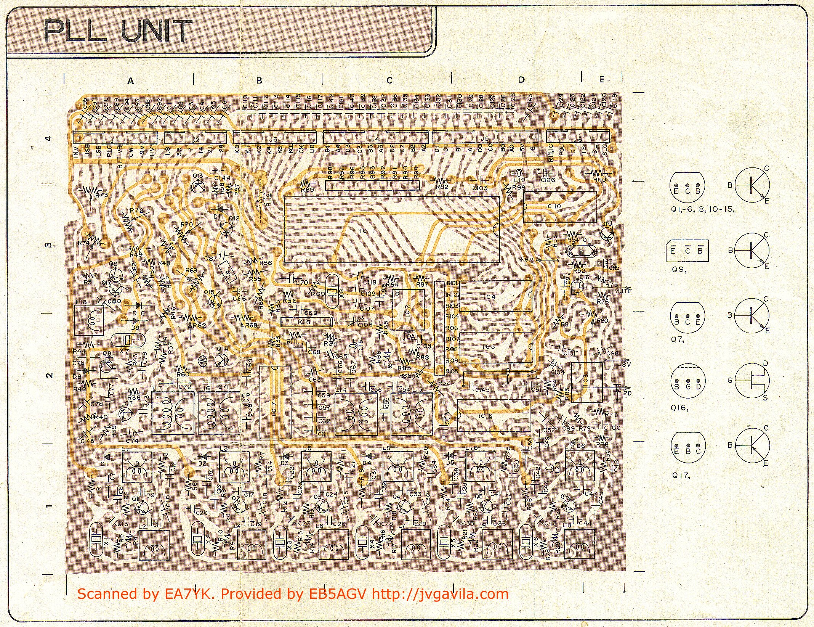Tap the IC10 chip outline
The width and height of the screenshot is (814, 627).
tap(559, 207)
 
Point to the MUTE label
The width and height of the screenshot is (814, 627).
tap(622, 291)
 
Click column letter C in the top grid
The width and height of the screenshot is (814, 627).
tap(389, 80)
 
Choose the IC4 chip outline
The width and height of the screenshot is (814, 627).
tap(495, 296)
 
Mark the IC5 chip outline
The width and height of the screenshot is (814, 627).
tap(495, 347)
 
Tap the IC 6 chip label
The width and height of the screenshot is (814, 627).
tap(488, 416)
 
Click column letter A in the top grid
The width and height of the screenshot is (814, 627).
tap(131, 81)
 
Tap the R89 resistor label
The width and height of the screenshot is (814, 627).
tap(307, 190)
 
